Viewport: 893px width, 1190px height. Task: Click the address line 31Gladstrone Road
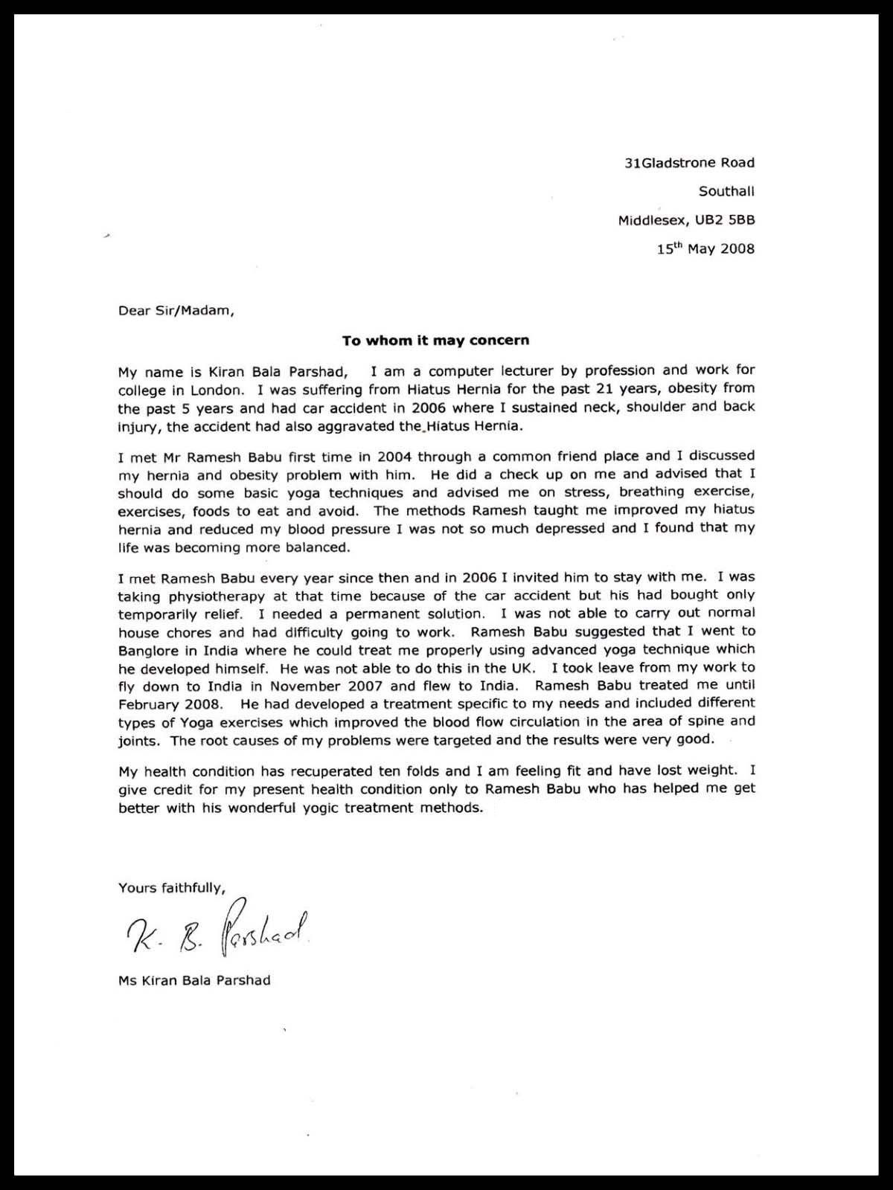(689, 163)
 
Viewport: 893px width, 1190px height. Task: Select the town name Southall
(726, 191)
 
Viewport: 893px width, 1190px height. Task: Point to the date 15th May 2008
(705, 248)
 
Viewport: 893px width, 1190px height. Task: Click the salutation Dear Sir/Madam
(176, 311)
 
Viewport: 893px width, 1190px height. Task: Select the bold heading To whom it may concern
(435, 341)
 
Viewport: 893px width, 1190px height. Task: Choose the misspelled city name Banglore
(149, 650)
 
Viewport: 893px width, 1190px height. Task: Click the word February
(147, 704)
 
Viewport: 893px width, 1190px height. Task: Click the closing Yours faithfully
(171, 887)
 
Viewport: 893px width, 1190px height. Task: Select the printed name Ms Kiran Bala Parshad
(194, 980)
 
